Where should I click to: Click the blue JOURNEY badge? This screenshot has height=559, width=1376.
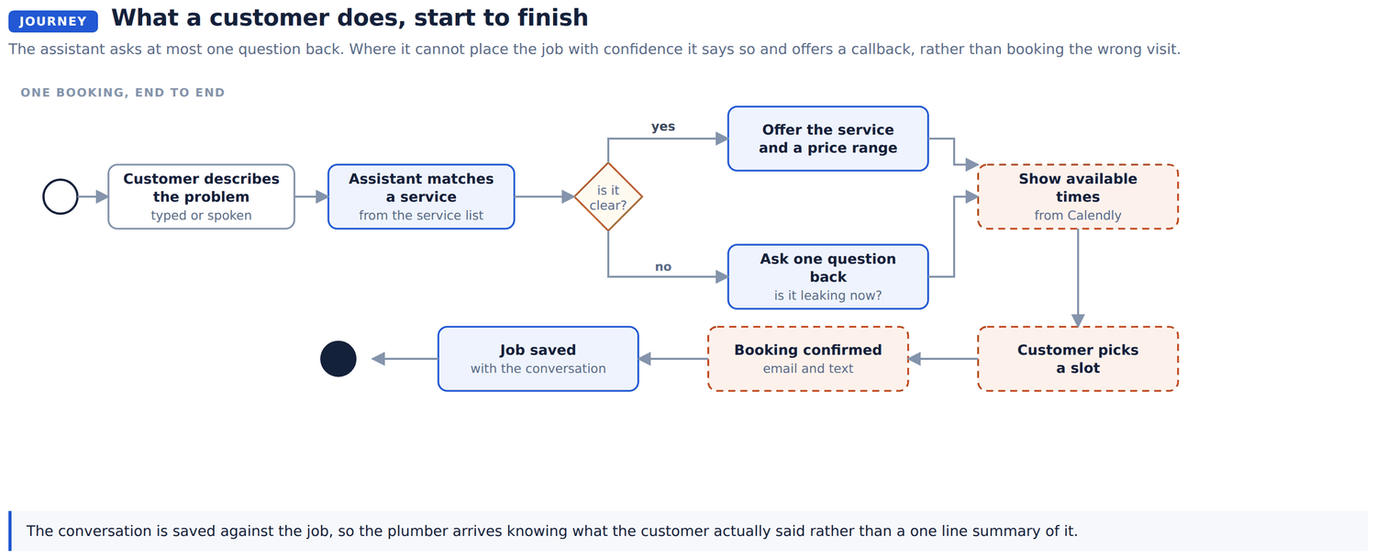pyautogui.click(x=53, y=21)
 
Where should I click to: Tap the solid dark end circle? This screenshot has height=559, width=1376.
pyautogui.click(x=338, y=359)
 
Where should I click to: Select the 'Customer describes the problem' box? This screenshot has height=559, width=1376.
pyautogui.click(x=202, y=196)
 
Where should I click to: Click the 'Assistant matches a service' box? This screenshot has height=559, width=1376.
pyautogui.click(x=421, y=196)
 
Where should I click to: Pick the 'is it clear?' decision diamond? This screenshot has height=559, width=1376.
pyautogui.click(x=608, y=196)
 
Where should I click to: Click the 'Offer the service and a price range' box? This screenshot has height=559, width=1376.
pyautogui.click(x=828, y=139)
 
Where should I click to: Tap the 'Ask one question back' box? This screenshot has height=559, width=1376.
pyautogui.click(x=828, y=276)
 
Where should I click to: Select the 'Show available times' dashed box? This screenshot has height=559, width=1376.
pyautogui.click(x=1078, y=196)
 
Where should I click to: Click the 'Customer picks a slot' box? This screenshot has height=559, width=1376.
pyautogui.click(x=1078, y=359)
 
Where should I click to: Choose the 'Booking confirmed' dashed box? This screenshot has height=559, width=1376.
pyautogui.click(x=808, y=359)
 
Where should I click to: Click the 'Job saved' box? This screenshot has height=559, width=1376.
pyautogui.click(x=538, y=359)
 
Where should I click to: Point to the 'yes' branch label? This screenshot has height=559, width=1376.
pyautogui.click(x=663, y=126)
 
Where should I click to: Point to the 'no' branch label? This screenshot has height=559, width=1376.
pyautogui.click(x=663, y=266)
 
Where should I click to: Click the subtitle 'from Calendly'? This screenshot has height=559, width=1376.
pyautogui.click(x=1078, y=215)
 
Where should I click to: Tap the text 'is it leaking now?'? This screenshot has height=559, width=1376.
pyautogui.click(x=828, y=296)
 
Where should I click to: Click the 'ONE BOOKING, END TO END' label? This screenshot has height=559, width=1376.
pyautogui.click(x=123, y=92)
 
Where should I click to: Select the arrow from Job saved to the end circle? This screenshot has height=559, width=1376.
pyautogui.click(x=405, y=359)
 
